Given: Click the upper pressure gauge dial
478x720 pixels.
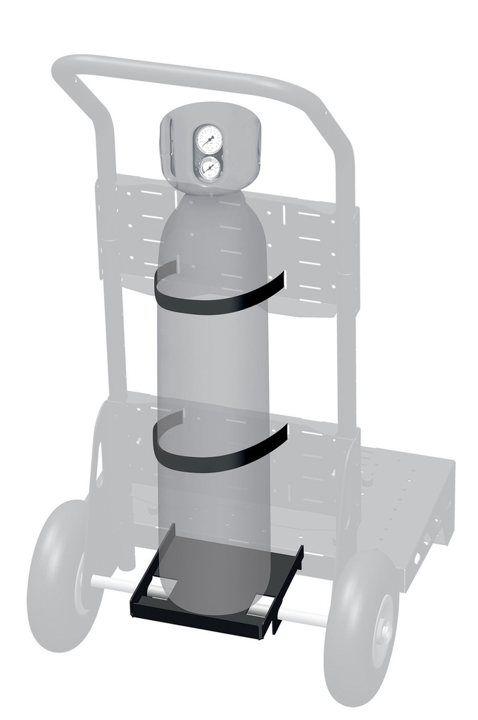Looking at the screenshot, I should (x=208, y=139).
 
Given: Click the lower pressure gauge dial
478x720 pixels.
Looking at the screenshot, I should (x=209, y=169).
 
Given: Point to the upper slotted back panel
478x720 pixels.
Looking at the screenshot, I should (x=310, y=239).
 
